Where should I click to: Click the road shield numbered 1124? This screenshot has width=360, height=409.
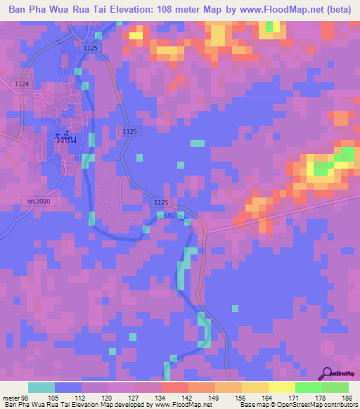22,84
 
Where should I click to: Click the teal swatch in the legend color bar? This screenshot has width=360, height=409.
41,387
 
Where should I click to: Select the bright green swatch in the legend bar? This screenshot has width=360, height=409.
308,387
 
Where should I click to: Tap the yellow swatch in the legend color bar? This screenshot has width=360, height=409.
281,387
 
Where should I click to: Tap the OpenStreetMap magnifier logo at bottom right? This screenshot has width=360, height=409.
328,373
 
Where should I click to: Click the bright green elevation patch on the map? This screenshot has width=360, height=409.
322,168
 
